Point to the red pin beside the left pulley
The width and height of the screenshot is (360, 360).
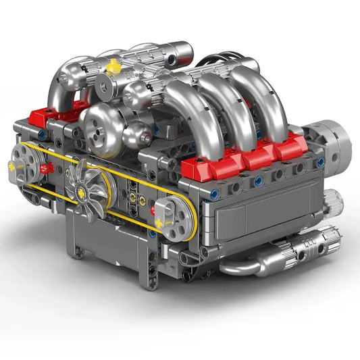(47, 167)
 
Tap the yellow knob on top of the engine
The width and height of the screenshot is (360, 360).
(113, 66)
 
